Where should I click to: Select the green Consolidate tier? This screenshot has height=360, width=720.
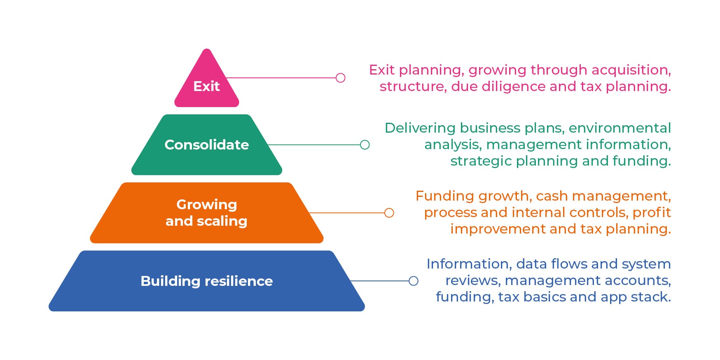pyautogui.click(x=206, y=145)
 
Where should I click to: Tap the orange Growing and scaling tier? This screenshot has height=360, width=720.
pyautogui.click(x=206, y=213)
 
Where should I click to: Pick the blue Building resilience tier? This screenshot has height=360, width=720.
pyautogui.click(x=206, y=281)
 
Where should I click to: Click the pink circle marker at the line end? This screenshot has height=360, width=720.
pyautogui.click(x=340, y=78)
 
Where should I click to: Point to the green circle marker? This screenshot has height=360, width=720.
pyautogui.click(x=365, y=145)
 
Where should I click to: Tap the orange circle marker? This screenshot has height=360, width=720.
pyautogui.click(x=389, y=213)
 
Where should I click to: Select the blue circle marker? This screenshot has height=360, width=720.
pyautogui.click(x=413, y=281)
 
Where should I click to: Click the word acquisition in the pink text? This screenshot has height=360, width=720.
pyautogui.click(x=631, y=70)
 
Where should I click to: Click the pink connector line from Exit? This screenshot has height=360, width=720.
pyautogui.click(x=284, y=78)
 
